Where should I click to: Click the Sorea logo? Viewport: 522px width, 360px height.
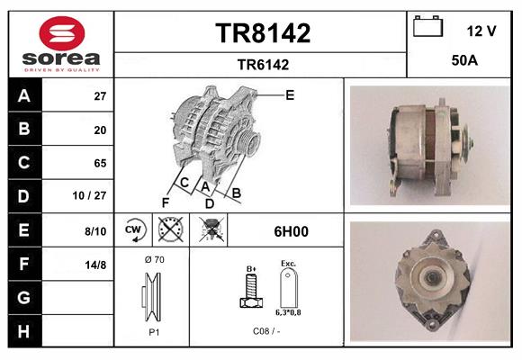click(x=61, y=43)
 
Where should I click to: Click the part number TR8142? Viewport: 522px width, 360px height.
click(x=262, y=33)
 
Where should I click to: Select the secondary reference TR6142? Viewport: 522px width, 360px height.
click(x=262, y=64)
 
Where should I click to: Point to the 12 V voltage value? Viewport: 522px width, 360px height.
click(x=481, y=31)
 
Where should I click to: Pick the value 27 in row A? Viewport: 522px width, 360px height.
click(x=100, y=96)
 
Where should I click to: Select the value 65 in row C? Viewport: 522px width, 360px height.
click(x=100, y=163)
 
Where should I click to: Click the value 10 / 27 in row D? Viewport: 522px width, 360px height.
click(x=94, y=196)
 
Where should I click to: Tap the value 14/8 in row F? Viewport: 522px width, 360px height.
click(x=95, y=265)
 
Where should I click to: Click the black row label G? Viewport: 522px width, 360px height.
click(x=24, y=298)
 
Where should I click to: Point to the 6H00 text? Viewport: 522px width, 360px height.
click(x=291, y=231)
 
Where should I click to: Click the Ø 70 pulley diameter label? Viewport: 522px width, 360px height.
click(x=153, y=259)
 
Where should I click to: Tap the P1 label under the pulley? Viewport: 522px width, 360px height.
click(x=154, y=331)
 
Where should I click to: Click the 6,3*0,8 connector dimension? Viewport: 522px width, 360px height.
click(x=289, y=313)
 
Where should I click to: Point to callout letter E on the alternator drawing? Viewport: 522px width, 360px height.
click(x=290, y=94)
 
